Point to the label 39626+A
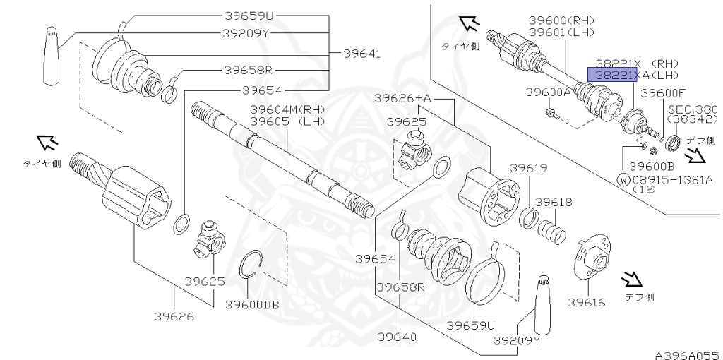pos(402,97)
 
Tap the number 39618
pos(554,202)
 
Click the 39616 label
pos(587,303)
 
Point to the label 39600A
pos(548,92)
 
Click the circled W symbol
pos(623,179)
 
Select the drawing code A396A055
pos(686,352)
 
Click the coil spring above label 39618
pos(552,231)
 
